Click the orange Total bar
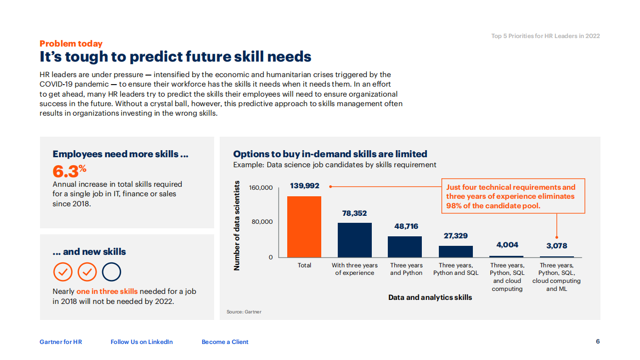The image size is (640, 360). click(304, 226)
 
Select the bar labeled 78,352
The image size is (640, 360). click(355, 240)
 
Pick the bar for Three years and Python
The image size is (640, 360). click(405, 247)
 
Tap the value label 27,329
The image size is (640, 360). click(455, 236)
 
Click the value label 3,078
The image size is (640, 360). click(556, 246)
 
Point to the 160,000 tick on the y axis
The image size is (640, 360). click(261, 188)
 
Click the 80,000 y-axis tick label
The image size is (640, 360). click(262, 222)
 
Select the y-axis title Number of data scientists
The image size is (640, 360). click(237, 226)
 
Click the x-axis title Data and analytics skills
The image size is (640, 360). click(430, 297)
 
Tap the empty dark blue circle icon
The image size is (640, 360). click(112, 272)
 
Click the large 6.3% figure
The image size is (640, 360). click(69, 171)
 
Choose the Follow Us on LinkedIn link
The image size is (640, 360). click(142, 342)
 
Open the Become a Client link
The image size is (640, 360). click(225, 342)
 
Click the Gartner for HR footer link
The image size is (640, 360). click(61, 342)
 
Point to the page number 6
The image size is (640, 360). click(597, 341)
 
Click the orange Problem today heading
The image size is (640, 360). click(71, 44)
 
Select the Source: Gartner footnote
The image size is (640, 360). click(244, 312)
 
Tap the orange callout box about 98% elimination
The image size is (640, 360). click(512, 196)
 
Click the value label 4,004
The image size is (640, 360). click(507, 245)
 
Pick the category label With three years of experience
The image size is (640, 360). click(355, 269)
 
